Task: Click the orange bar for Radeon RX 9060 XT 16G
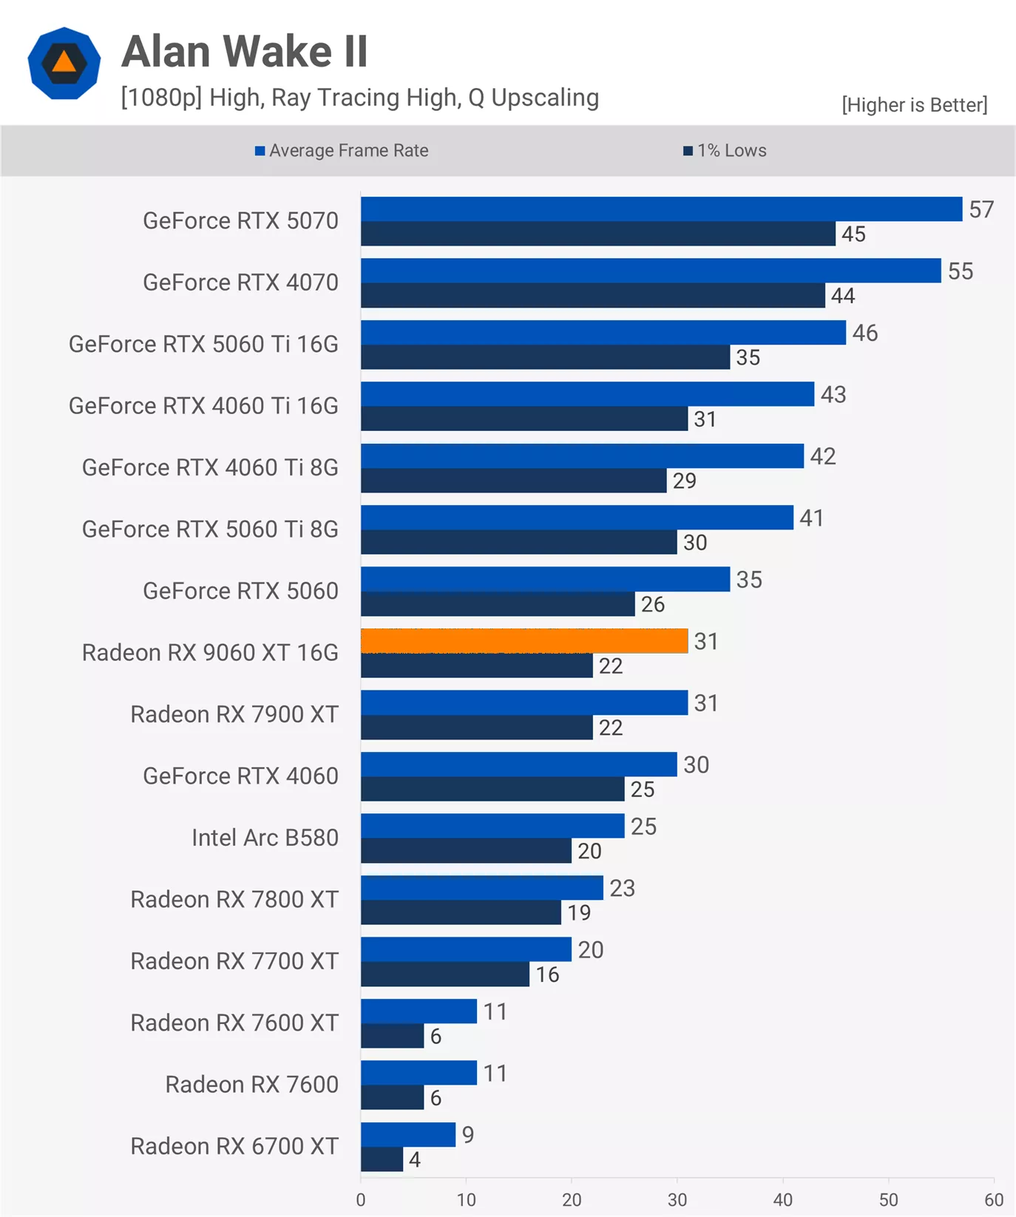(x=524, y=641)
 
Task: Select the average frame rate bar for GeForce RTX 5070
(x=661, y=209)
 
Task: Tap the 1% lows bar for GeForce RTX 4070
(x=592, y=296)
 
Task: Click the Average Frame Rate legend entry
(x=342, y=151)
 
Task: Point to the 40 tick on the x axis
(x=783, y=1199)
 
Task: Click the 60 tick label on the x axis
(x=994, y=1199)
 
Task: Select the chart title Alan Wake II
(x=245, y=52)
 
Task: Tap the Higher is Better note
(x=914, y=105)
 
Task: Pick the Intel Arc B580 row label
(x=265, y=838)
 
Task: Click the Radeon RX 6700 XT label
(x=234, y=1146)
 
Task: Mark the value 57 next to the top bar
(x=981, y=210)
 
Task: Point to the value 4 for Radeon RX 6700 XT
(x=415, y=1159)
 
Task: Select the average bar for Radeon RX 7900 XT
(x=524, y=702)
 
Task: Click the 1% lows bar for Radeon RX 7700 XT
(x=445, y=974)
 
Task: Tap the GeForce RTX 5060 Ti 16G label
(x=203, y=345)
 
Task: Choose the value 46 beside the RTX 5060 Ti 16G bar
(x=865, y=333)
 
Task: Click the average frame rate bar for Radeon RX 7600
(x=419, y=1073)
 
